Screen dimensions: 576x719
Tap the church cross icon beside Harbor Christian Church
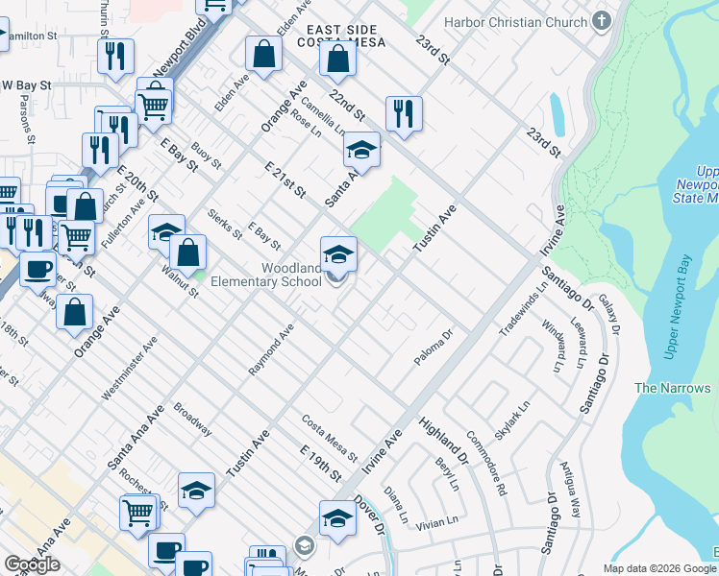(x=602, y=20)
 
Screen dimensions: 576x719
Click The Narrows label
(x=673, y=388)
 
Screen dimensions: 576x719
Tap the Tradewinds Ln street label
(x=522, y=309)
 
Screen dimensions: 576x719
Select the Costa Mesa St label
(x=329, y=437)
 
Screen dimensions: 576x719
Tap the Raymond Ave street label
(x=270, y=354)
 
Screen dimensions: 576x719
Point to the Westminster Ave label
(x=129, y=368)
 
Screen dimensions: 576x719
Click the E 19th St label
(x=321, y=464)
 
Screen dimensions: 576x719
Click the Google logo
(x=32, y=564)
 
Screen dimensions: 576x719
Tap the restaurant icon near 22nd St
(x=404, y=113)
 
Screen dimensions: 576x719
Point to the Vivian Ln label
(x=438, y=523)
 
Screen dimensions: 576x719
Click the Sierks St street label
(x=225, y=225)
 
